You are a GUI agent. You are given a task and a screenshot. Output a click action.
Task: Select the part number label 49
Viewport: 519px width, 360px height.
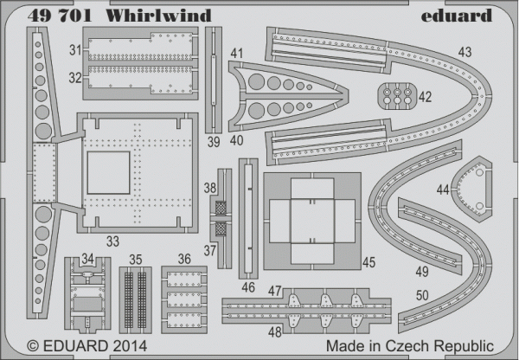tap(422, 271)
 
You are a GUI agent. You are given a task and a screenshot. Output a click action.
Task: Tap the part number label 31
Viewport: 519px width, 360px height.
tap(75, 48)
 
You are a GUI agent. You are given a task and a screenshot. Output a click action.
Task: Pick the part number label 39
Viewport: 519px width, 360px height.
tap(213, 141)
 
